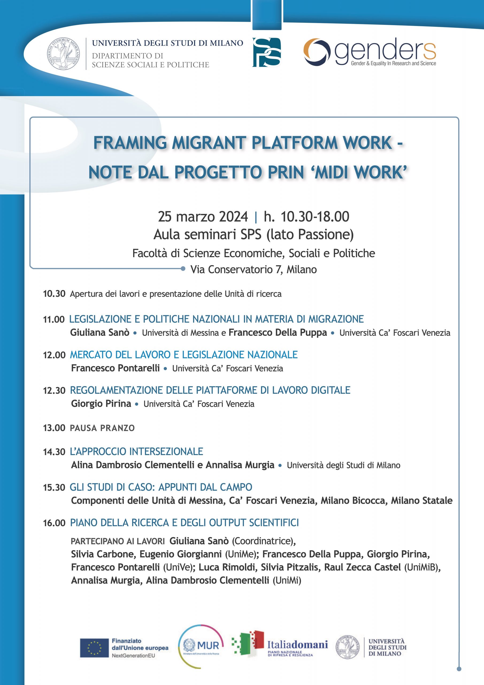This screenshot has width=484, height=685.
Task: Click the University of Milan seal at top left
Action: coord(63,54)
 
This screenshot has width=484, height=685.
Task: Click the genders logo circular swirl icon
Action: coord(317,52)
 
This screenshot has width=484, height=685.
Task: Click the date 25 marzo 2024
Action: coord(203,216)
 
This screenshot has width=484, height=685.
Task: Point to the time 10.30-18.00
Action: coord(315,216)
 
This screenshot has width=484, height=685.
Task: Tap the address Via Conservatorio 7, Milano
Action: coord(253,269)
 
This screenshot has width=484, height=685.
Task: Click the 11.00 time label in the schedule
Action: coord(54,319)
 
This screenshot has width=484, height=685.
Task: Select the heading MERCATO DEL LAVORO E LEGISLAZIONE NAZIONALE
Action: coord(184,355)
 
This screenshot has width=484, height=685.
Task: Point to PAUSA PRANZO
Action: coord(102,428)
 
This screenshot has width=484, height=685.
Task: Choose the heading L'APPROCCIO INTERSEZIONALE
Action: coord(136,451)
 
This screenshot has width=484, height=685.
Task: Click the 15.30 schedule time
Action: coord(54,488)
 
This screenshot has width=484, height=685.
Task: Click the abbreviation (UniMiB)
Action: coord(422,567)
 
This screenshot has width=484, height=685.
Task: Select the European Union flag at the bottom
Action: coord(94,648)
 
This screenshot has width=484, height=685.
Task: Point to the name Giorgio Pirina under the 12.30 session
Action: coord(101,404)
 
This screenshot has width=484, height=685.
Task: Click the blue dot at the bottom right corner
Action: coord(459,669)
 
